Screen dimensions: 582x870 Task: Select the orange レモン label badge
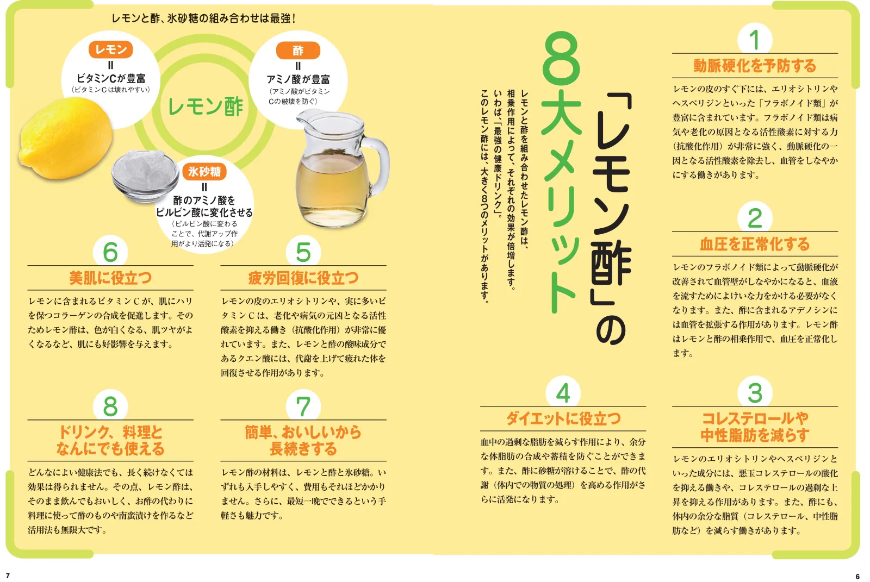110,49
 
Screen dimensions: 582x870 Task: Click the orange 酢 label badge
298,51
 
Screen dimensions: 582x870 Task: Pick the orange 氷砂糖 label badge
204,172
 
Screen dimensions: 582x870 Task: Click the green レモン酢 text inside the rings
206,107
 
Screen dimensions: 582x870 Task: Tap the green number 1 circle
754,40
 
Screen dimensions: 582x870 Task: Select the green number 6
110,252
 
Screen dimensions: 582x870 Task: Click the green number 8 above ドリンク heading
110,406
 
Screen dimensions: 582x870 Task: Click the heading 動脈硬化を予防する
754,66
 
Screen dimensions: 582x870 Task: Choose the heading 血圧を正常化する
754,244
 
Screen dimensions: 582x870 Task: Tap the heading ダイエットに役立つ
563,418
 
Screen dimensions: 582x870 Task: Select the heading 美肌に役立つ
110,278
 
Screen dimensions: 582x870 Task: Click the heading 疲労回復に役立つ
303,278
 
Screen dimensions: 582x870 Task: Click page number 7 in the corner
8,575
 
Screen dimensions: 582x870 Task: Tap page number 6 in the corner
857,576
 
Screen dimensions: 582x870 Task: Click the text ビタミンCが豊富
110,78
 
